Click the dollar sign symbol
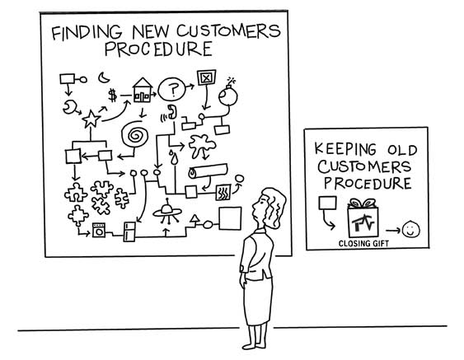click(112, 96)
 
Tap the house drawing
click(143, 91)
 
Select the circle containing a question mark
click(172, 89)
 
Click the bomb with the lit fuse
click(227, 93)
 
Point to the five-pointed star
click(91, 119)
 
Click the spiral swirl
click(134, 135)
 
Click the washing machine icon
click(99, 230)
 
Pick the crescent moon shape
click(103, 77)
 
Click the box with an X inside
click(207, 77)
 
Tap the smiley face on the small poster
click(410, 229)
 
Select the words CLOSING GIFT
click(363, 244)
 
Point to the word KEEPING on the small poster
click(345, 149)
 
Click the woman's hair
click(274, 207)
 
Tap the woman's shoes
click(255, 344)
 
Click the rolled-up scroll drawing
click(209, 171)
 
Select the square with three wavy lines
click(223, 193)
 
